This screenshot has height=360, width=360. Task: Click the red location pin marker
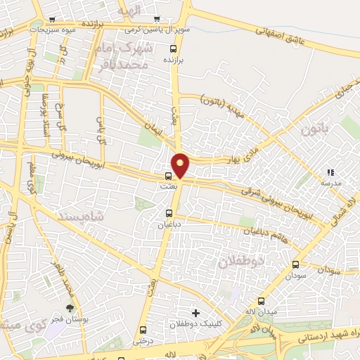pos(181,165)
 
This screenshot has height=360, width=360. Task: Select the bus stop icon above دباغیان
pos(169,212)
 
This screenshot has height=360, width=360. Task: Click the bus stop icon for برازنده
pos(174,49)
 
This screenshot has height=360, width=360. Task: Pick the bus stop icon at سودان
pos(295,265)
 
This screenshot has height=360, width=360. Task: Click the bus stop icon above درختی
pos(143,330)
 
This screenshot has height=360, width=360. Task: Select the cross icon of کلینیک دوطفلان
pos(195,312)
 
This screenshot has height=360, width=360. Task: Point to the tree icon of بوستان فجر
pos(69,308)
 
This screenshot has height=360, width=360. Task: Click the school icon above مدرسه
pos(330,172)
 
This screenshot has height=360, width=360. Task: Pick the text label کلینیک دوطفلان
pos(196,326)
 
